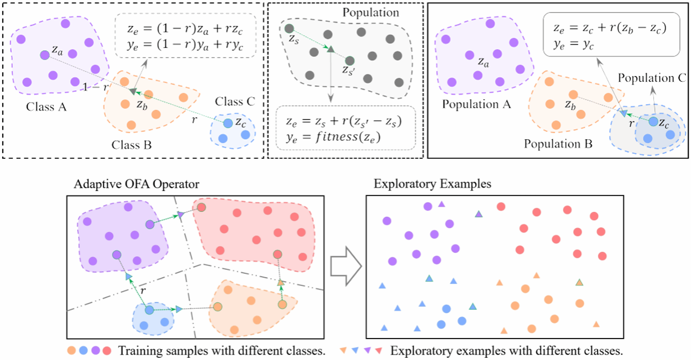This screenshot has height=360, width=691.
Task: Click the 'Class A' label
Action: tap(47, 107)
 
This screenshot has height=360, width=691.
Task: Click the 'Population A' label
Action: tap(476, 104)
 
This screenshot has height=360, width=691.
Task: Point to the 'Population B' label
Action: tap(558, 144)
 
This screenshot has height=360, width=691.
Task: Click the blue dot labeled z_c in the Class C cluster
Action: tap(228, 123)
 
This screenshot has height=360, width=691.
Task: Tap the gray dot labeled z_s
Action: tap(289, 28)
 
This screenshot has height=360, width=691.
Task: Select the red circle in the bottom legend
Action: tap(107, 350)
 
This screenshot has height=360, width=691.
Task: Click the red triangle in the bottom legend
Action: tap(379, 350)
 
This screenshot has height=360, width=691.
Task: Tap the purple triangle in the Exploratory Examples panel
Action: tap(441, 205)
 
